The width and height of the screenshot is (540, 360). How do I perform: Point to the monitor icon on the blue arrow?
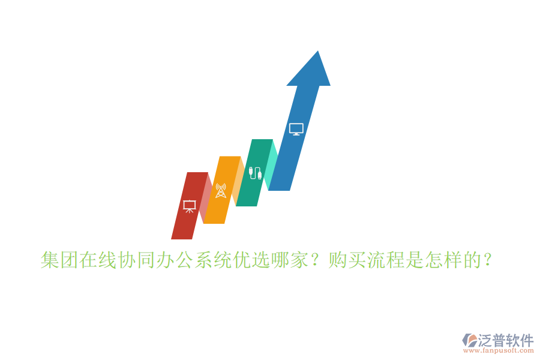tap(296, 129)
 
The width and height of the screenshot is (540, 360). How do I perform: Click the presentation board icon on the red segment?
tap(190, 206)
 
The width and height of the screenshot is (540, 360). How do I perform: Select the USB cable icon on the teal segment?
tap(255, 173)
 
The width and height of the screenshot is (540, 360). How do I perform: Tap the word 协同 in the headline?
tap(137, 260)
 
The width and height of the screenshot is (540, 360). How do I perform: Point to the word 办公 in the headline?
tap(176, 260)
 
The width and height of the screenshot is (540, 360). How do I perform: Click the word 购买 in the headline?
tap(348, 260)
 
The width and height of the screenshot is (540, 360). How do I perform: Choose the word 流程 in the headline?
tap(386, 260)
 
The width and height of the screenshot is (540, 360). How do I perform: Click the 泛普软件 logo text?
tap(506, 340)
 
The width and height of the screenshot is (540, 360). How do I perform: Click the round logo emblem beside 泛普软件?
tap(469, 341)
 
